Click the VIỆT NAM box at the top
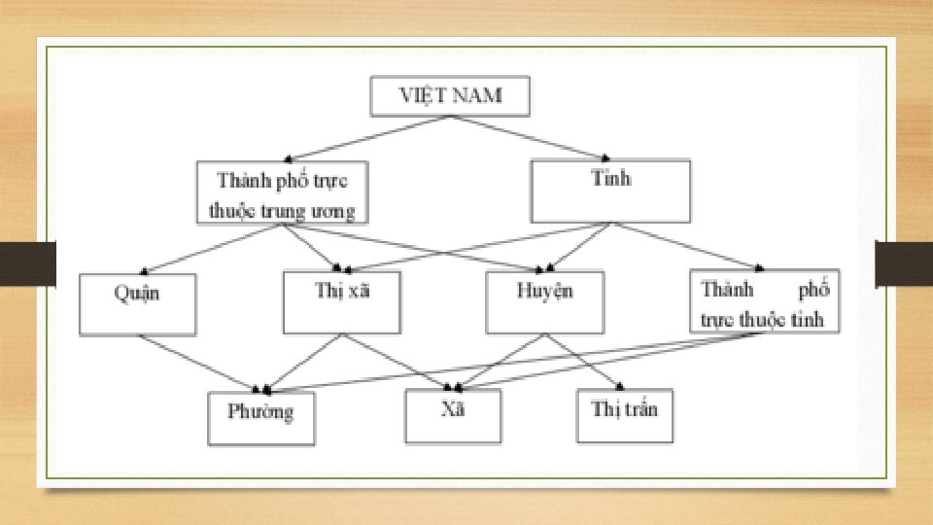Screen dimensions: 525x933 point(451,96)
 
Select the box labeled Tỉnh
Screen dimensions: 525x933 point(610,191)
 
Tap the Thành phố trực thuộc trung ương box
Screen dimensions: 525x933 point(282,192)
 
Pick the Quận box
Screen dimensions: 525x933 point(138,303)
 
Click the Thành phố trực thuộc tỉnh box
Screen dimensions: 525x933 point(765,302)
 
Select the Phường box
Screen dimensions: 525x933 point(261,417)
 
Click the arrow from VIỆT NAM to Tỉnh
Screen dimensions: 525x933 point(531,137)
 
